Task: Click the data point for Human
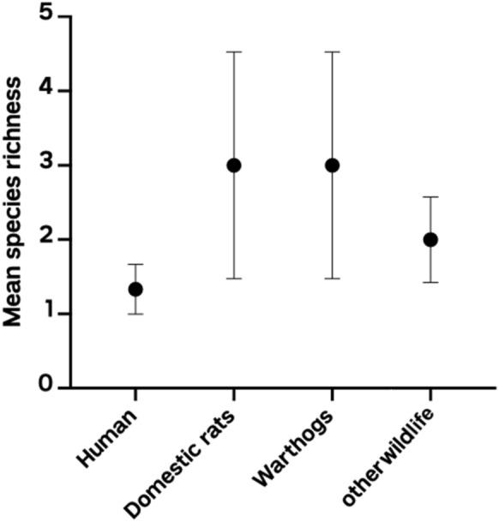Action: coord(135,289)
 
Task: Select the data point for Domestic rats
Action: coord(233,165)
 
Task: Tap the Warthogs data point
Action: coord(332,165)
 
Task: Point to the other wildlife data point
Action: coord(430,239)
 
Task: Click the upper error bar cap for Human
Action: coord(135,264)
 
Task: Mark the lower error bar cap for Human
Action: coord(135,314)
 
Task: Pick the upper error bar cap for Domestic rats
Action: coord(233,51)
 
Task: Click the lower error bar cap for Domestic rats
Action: coord(233,279)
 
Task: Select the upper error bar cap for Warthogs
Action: coord(332,51)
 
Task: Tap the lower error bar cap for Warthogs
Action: coord(332,279)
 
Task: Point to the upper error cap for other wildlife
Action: coord(430,197)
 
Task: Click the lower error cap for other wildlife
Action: coord(430,282)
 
